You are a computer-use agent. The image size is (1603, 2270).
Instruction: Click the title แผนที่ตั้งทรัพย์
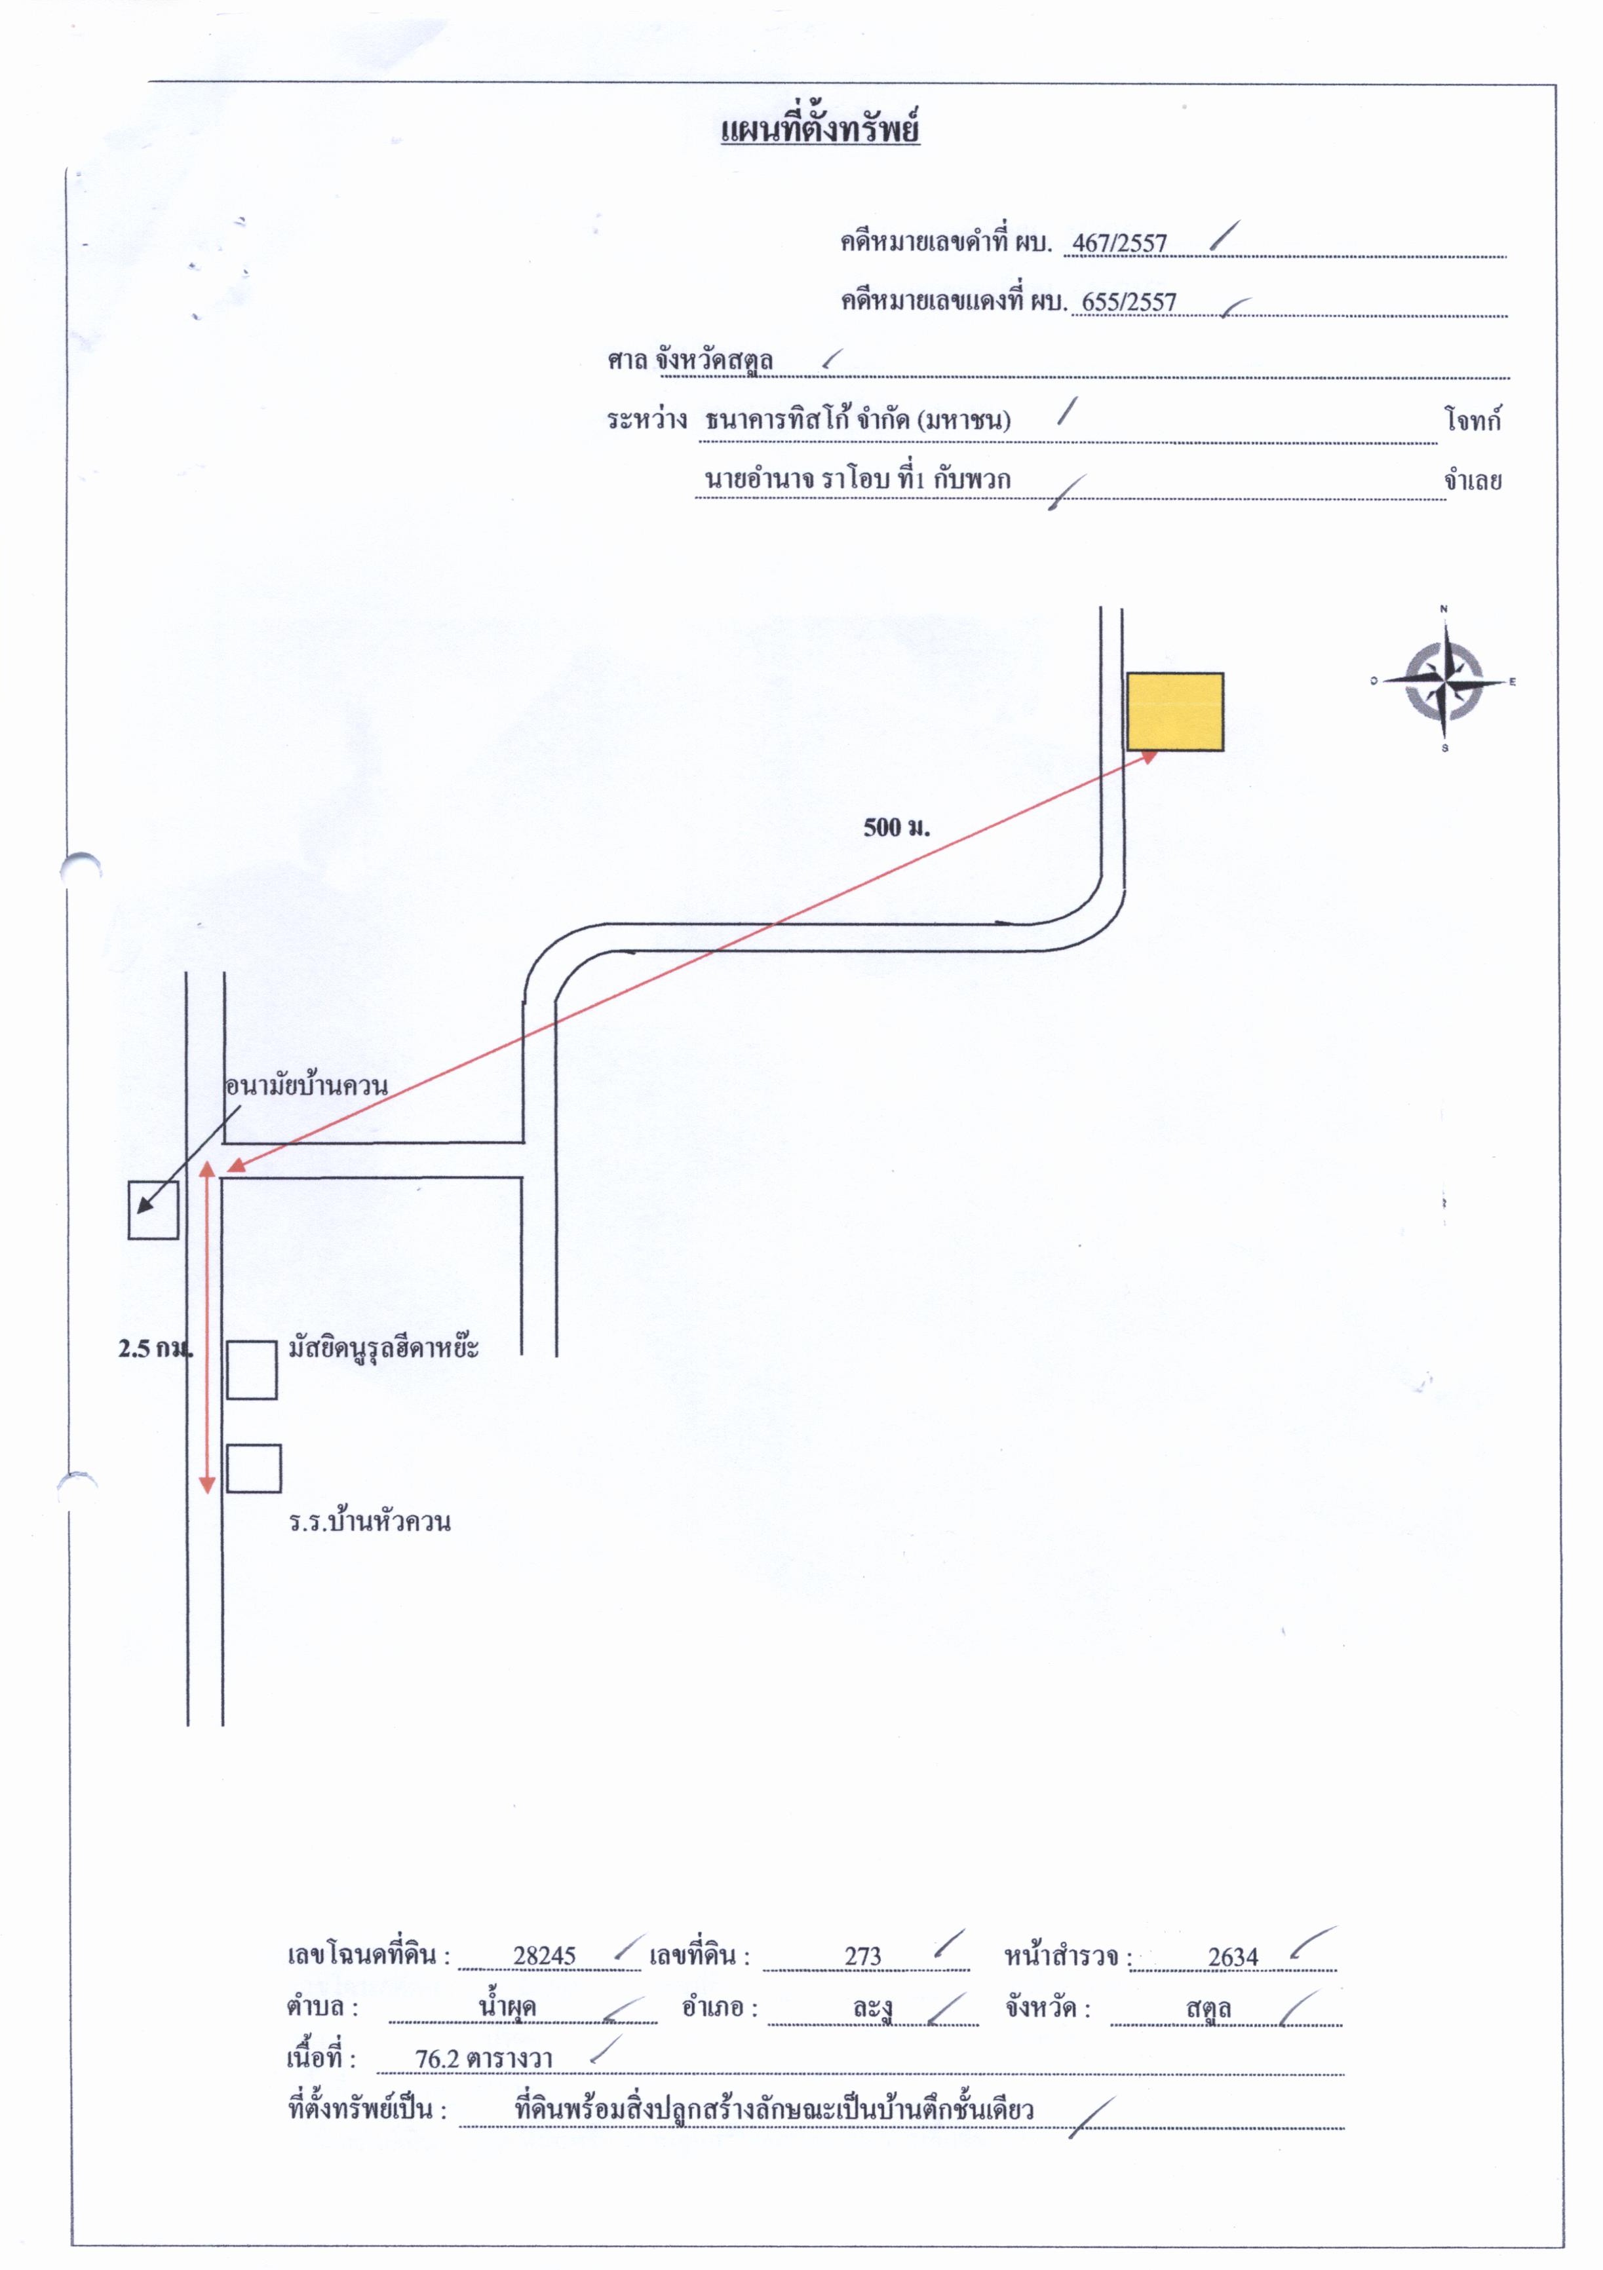(820, 130)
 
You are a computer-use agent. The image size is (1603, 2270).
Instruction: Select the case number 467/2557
(1119, 243)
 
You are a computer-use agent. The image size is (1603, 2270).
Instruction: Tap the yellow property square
(1175, 712)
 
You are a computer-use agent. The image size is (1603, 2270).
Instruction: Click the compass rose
(1445, 680)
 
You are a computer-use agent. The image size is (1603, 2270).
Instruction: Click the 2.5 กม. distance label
(155, 1348)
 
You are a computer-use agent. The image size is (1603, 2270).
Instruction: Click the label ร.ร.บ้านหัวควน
(370, 1522)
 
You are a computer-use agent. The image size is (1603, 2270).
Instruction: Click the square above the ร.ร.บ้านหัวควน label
(253, 1468)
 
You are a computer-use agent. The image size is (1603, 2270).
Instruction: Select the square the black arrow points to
(153, 1210)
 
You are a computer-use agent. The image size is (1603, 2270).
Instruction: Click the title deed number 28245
(544, 1956)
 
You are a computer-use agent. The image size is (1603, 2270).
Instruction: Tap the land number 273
(862, 1956)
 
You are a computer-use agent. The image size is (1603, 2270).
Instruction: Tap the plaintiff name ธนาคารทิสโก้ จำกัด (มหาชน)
(857, 420)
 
